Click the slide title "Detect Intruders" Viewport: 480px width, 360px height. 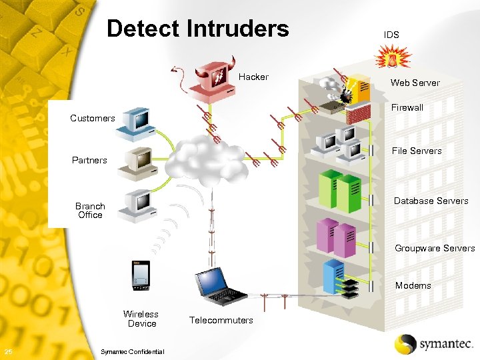(x=198, y=29)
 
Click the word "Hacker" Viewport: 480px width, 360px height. (x=253, y=77)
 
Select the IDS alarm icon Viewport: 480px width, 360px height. (x=392, y=59)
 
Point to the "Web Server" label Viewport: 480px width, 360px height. (x=415, y=83)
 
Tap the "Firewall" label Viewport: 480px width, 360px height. (x=407, y=107)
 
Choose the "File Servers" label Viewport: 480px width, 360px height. (x=416, y=151)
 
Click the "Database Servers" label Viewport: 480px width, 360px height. (x=431, y=201)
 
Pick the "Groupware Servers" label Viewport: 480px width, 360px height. (x=435, y=248)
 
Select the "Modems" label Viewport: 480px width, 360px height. (x=413, y=285)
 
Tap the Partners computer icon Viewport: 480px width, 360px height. (x=136, y=163)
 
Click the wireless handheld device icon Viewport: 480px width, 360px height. (x=141, y=275)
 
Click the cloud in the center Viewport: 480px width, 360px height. (x=205, y=159)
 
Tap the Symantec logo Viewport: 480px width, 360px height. (x=433, y=344)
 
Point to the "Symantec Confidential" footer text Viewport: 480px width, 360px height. (x=131, y=352)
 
